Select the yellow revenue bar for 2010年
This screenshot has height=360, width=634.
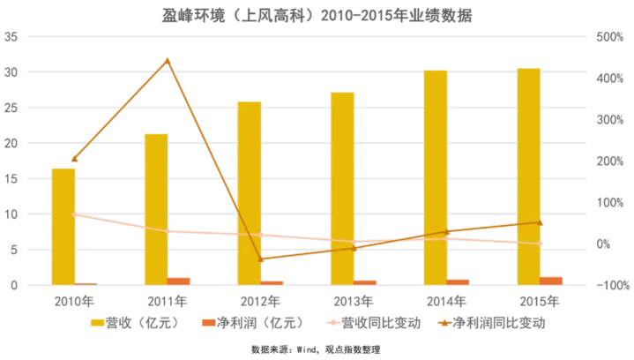[63, 227]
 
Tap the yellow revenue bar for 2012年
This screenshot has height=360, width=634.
[250, 193]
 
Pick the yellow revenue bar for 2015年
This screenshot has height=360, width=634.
[528, 176]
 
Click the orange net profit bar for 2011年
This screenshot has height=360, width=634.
[179, 281]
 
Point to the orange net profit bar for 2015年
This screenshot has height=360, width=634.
[551, 281]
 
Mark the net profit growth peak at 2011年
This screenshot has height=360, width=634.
[168, 61]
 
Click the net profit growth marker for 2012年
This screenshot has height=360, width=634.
[261, 259]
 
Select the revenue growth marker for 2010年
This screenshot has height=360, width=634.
[74, 214]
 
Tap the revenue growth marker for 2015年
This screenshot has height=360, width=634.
[540, 244]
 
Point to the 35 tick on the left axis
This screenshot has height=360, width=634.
[11, 37]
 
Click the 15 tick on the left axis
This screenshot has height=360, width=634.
[11, 179]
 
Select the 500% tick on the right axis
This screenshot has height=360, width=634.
[610, 37]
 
